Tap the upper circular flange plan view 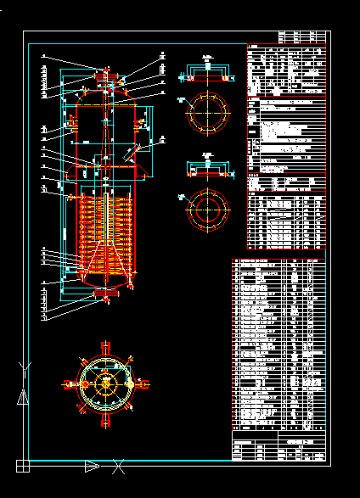pyautogui.click(x=208, y=112)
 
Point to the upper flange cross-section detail pyautogui.click(x=208, y=67)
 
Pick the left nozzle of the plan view pyautogui.click(x=69, y=383)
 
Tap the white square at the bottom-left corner pyautogui.click(x=23, y=465)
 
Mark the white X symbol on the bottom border pyautogui.click(x=120, y=465)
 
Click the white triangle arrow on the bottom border pyautogui.click(x=92, y=465)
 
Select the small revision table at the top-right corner pyautogui.click(x=302, y=37)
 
